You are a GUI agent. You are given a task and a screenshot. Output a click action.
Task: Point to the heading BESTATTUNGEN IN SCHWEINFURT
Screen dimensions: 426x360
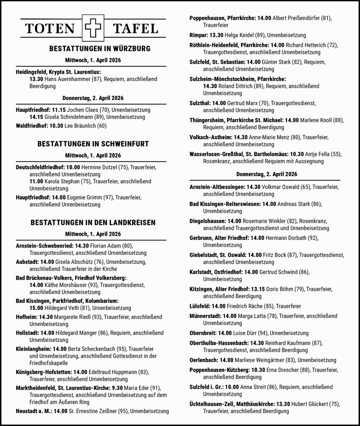pyautogui.click(x=93, y=144)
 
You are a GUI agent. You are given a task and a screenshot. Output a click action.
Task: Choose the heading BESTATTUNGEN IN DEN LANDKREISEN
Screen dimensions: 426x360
pyautogui.click(x=93, y=222)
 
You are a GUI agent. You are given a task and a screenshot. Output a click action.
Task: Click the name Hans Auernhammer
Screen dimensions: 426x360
pyautogui.click(x=64, y=79)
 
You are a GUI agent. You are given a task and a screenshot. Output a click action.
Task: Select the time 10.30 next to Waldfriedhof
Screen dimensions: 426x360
pyautogui.click(x=55, y=126)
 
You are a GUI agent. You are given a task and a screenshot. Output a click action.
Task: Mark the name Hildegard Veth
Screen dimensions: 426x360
pyautogui.click(x=63, y=308)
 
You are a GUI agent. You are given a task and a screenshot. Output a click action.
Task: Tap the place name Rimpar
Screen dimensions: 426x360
pyautogui.click(x=198, y=35)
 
